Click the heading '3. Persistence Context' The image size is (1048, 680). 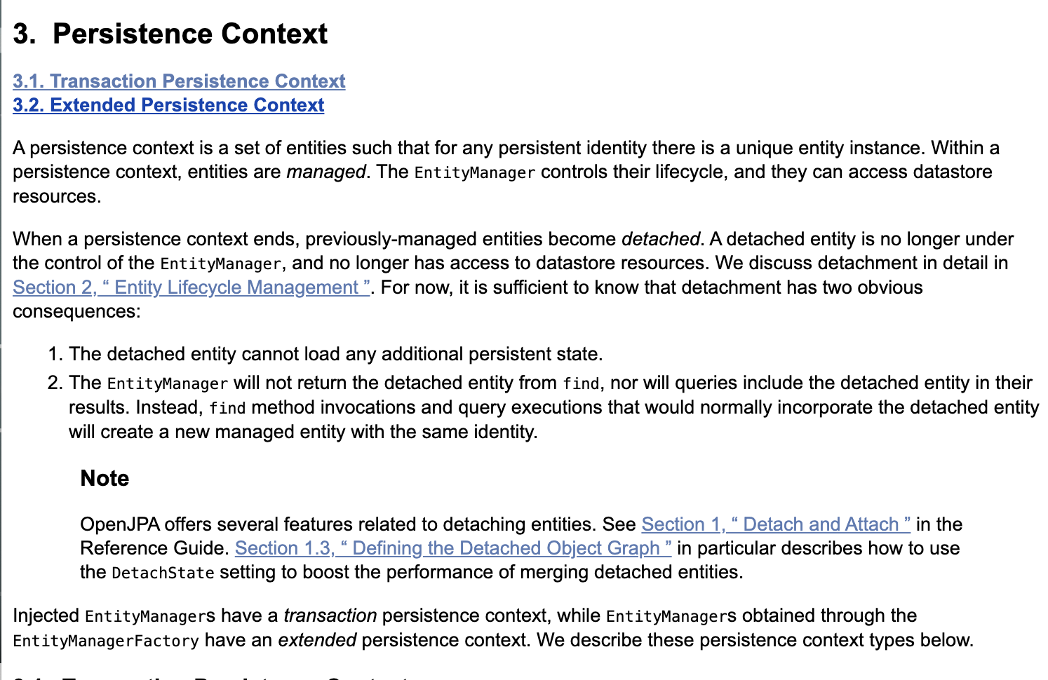tap(170, 34)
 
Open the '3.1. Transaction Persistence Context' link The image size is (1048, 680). tap(179, 81)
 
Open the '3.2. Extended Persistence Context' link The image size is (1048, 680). tap(168, 105)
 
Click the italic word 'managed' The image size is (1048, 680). tap(325, 172)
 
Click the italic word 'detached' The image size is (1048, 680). tap(660, 239)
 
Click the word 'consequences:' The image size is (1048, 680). tap(76, 311)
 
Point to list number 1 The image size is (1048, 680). tap(55, 354)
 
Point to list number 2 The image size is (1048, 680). tap(55, 383)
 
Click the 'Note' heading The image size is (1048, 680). tap(105, 478)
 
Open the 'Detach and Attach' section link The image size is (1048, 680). tap(776, 524)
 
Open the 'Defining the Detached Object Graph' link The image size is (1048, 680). tap(453, 548)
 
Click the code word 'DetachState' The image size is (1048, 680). tap(163, 573)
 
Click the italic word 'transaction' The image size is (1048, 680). tap(330, 616)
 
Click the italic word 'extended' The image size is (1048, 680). tap(318, 640)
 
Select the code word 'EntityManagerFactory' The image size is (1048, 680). tap(106, 641)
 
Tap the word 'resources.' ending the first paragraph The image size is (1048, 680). tap(57, 196)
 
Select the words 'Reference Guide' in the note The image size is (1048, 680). tap(152, 548)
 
